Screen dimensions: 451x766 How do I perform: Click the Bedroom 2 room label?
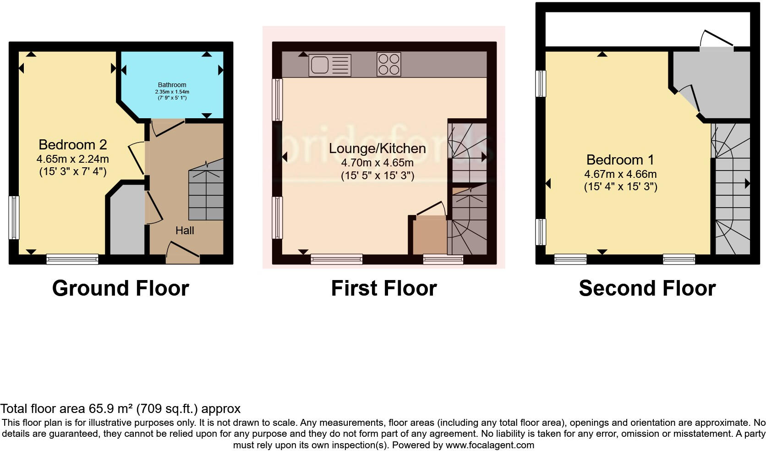click(x=72, y=145)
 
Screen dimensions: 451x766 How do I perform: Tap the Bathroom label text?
click(x=172, y=85)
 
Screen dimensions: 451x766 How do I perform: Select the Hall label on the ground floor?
click(x=185, y=231)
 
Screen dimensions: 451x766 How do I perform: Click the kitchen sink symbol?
click(x=330, y=65)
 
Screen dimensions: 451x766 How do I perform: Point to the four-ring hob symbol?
click(x=388, y=64)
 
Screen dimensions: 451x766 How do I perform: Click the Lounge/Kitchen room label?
click(x=377, y=148)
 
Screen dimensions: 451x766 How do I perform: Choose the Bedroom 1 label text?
click(x=620, y=160)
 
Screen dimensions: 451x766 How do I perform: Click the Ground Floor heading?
click(x=120, y=288)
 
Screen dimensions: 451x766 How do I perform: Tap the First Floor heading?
click(x=384, y=288)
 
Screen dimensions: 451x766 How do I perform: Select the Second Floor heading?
click(x=647, y=288)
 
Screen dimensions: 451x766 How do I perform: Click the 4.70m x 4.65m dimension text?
click(x=377, y=163)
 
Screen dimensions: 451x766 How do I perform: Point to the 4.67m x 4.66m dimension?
click(x=620, y=174)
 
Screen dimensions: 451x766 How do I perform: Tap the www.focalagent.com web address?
click(x=489, y=445)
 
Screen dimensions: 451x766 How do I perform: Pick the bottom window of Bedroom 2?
click(x=72, y=259)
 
